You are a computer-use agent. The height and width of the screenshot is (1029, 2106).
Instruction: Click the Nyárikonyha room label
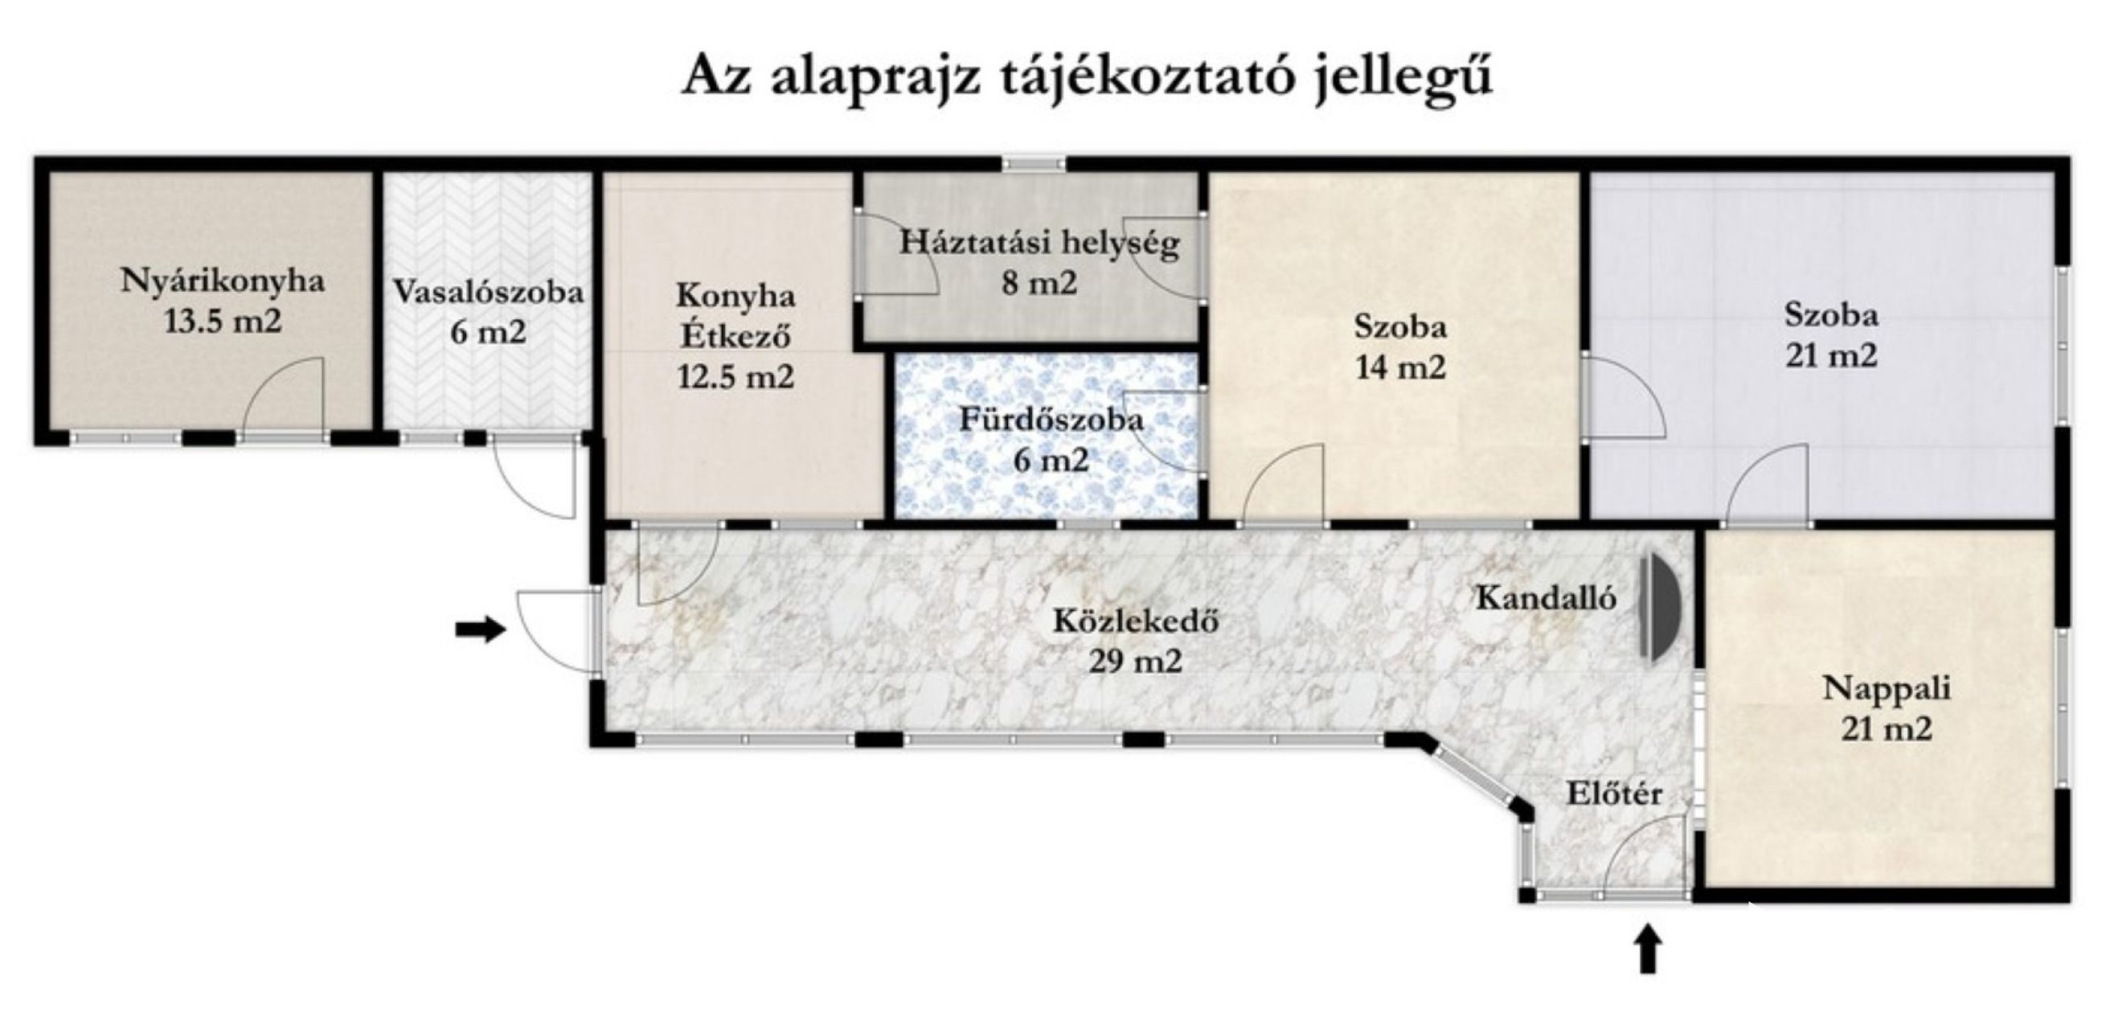click(x=223, y=281)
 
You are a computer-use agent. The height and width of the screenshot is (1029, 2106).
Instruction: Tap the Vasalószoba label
click(x=488, y=292)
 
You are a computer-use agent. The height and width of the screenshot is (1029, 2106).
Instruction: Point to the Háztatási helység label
click(x=1040, y=244)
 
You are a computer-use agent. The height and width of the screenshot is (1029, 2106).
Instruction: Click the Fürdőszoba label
click(x=1051, y=420)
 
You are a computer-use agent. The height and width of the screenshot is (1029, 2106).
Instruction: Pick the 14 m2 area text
click(x=1400, y=367)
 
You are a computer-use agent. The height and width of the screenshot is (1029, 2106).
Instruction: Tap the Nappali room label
click(x=1887, y=688)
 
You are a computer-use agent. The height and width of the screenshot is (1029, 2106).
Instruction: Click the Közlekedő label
click(x=1136, y=621)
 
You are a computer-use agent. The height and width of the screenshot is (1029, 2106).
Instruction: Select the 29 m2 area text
click(x=1136, y=660)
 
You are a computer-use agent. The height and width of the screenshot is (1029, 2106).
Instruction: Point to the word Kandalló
click(x=1546, y=598)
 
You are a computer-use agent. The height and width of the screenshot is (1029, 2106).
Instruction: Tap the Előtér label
click(x=1614, y=793)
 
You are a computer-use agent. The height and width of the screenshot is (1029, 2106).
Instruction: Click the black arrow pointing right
click(x=481, y=629)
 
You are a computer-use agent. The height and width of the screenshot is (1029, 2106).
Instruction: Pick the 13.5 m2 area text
click(x=223, y=322)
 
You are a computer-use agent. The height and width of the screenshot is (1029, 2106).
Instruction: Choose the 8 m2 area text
click(x=1040, y=284)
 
